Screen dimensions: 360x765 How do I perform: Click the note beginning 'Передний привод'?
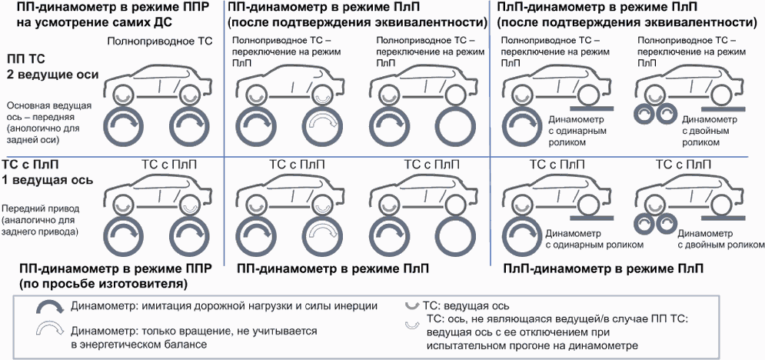click(x=46, y=208)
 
